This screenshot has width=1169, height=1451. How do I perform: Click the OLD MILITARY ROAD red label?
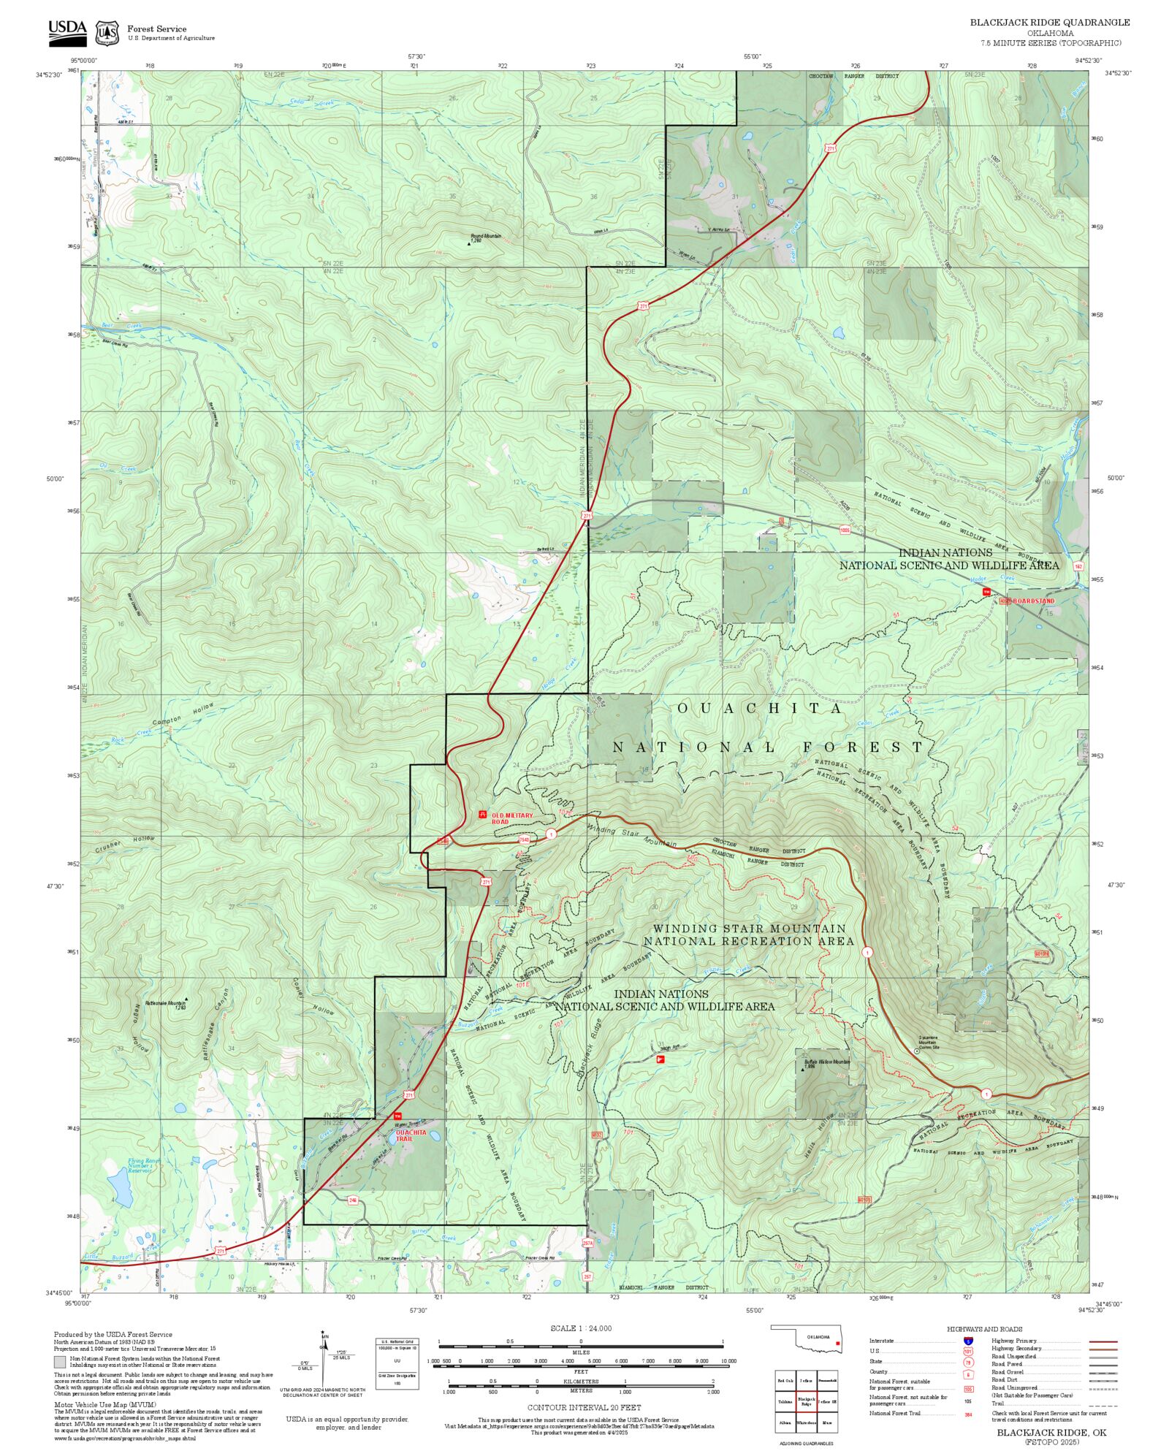511,818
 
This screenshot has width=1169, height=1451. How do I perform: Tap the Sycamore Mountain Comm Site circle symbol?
916,1051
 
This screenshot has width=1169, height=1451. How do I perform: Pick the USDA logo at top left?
67,33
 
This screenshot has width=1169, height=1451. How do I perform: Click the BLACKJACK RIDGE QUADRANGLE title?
1049,23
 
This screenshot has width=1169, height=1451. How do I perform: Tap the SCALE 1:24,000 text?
581,1328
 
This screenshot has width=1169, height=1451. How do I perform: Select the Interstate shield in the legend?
968,1341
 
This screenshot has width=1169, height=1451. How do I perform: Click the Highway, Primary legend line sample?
1103,1341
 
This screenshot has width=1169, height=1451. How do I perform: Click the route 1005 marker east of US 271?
845,530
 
